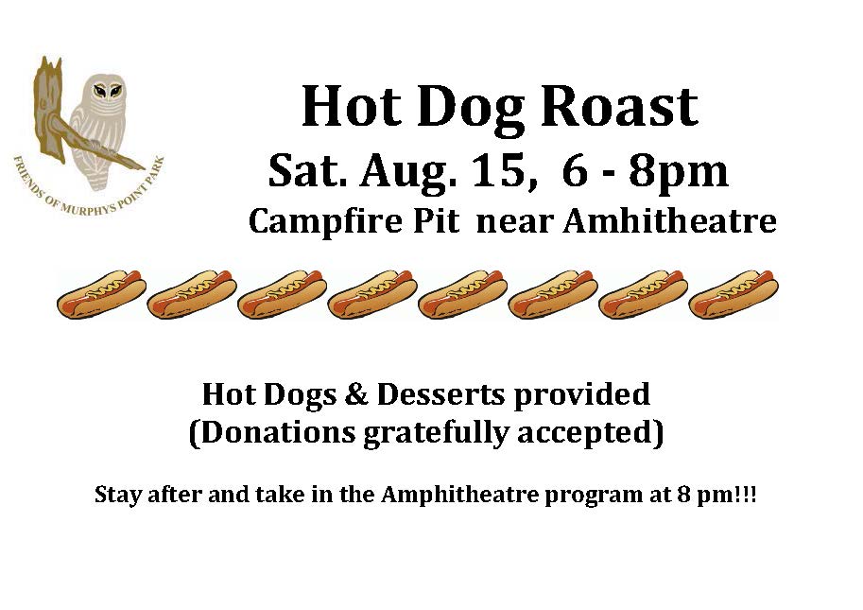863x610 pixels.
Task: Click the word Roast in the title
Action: [620, 106]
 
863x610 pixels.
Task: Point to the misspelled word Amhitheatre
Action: [670, 221]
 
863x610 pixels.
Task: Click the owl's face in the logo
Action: [108, 90]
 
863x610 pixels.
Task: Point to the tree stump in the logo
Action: [49, 110]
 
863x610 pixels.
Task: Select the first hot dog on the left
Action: [101, 294]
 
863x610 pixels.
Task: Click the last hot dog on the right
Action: [734, 294]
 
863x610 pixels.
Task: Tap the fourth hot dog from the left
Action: [372, 294]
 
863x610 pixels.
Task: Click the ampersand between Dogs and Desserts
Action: [356, 394]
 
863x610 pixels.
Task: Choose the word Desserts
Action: [440, 394]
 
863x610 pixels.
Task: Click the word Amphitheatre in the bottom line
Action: [459, 495]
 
